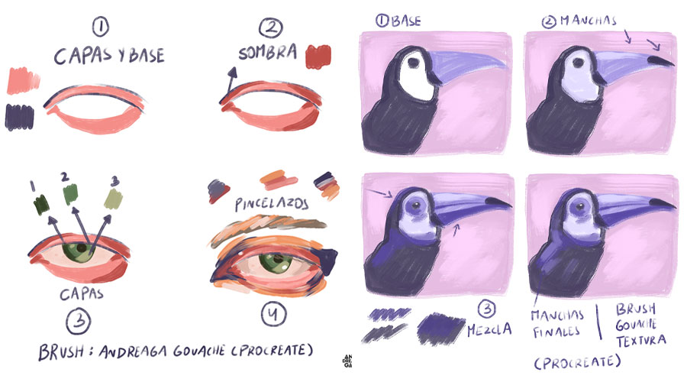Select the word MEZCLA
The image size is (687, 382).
click(489, 330)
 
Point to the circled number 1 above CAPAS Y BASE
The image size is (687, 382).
click(100, 28)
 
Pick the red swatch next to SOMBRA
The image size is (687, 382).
click(317, 57)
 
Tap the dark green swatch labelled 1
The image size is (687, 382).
click(40, 203)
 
